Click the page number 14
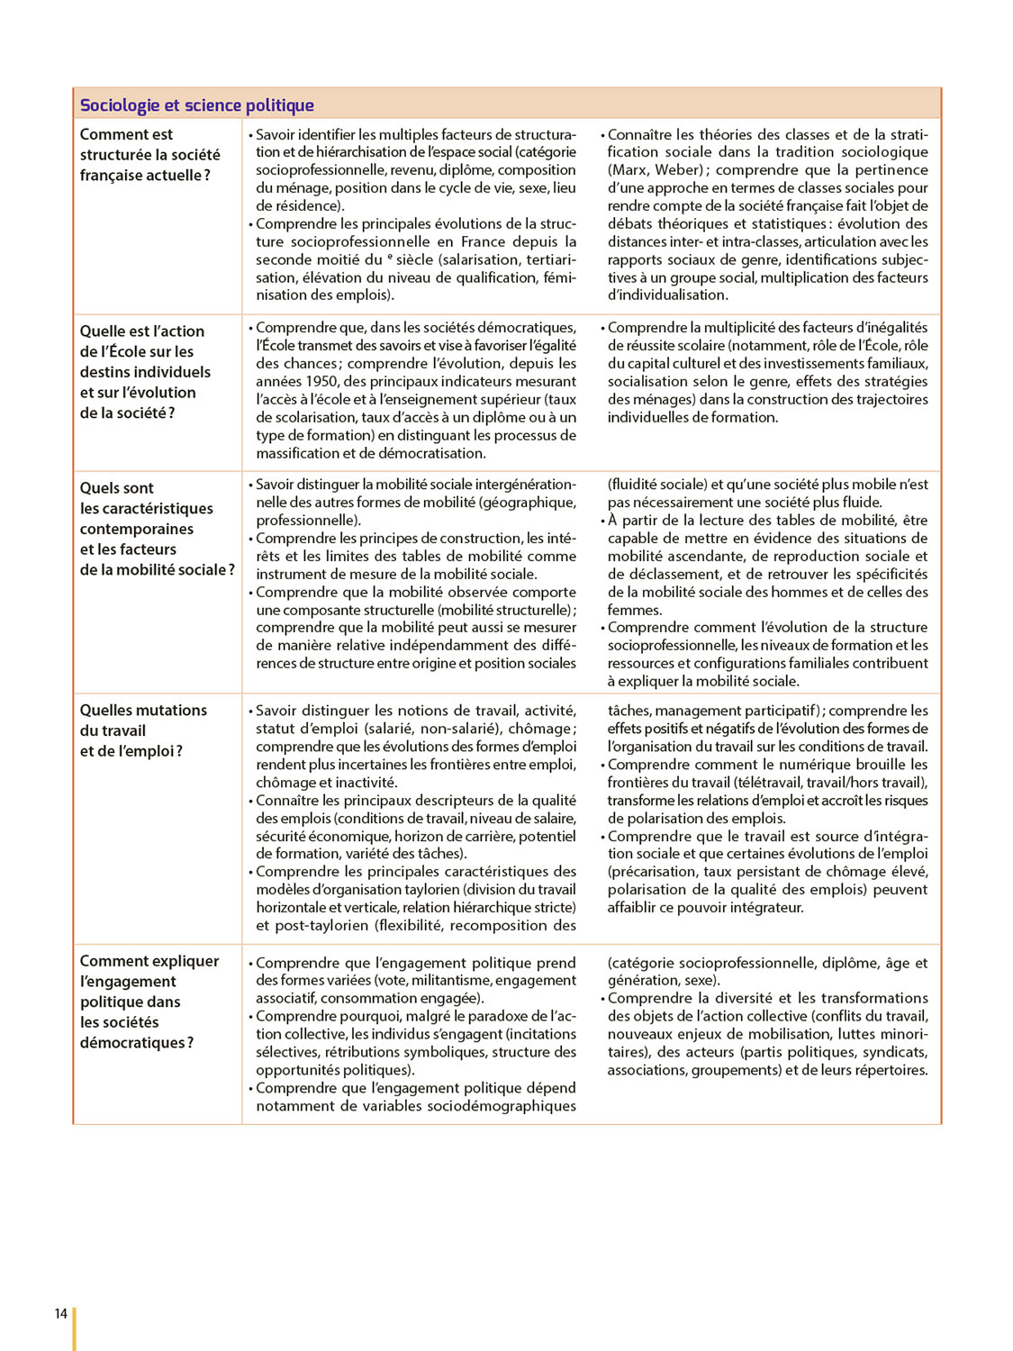pos(60,1313)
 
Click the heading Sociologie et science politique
pos(196,105)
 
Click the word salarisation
pos(478,259)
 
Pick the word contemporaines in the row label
pos(137,529)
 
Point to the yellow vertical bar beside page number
pos(75,1328)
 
